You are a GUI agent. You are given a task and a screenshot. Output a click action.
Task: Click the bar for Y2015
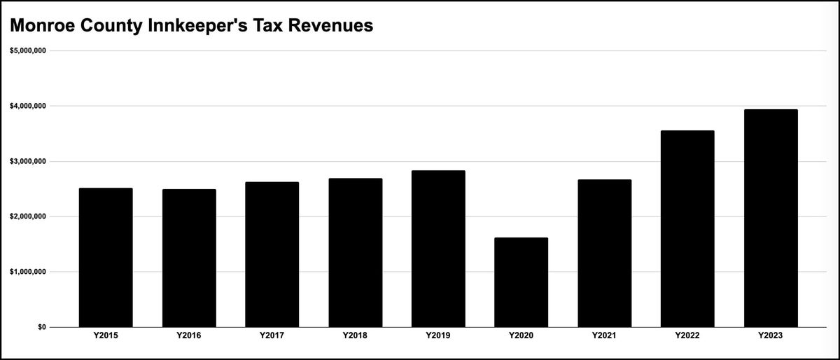106,258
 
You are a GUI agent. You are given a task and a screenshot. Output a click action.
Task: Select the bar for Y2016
189,258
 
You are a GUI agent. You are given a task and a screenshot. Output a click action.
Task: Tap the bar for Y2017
272,255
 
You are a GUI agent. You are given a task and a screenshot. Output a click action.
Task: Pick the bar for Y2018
356,253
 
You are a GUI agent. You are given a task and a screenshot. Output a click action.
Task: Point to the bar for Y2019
438,249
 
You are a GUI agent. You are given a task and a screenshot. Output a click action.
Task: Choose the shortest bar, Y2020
521,282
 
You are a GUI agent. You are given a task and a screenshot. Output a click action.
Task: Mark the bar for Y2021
605,254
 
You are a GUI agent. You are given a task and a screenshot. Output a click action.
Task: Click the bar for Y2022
687,229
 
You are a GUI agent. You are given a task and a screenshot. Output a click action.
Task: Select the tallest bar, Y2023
771,219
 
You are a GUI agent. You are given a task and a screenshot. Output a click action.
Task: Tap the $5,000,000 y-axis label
27,50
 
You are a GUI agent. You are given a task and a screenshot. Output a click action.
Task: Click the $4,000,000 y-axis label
27,106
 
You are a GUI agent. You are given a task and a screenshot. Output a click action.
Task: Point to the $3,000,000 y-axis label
27,161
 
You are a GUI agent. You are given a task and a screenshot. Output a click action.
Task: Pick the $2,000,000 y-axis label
27,216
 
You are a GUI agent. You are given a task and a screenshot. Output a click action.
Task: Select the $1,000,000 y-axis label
27,272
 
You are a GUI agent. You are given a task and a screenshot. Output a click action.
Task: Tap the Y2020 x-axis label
521,336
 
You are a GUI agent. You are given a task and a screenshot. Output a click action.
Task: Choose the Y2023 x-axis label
771,336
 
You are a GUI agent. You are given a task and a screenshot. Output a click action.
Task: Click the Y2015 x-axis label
106,336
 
